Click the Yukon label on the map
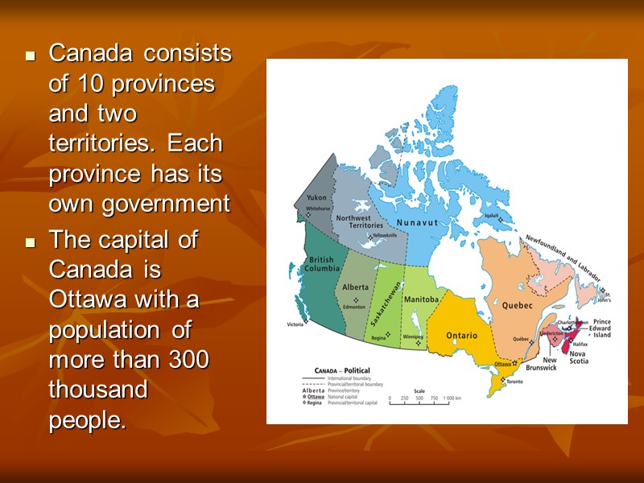coord(316,198)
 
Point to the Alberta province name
coord(355,287)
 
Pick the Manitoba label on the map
coord(421,299)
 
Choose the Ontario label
coord(462,335)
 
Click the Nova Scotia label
coord(578,357)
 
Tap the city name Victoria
coord(295,324)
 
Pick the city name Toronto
coord(515,381)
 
